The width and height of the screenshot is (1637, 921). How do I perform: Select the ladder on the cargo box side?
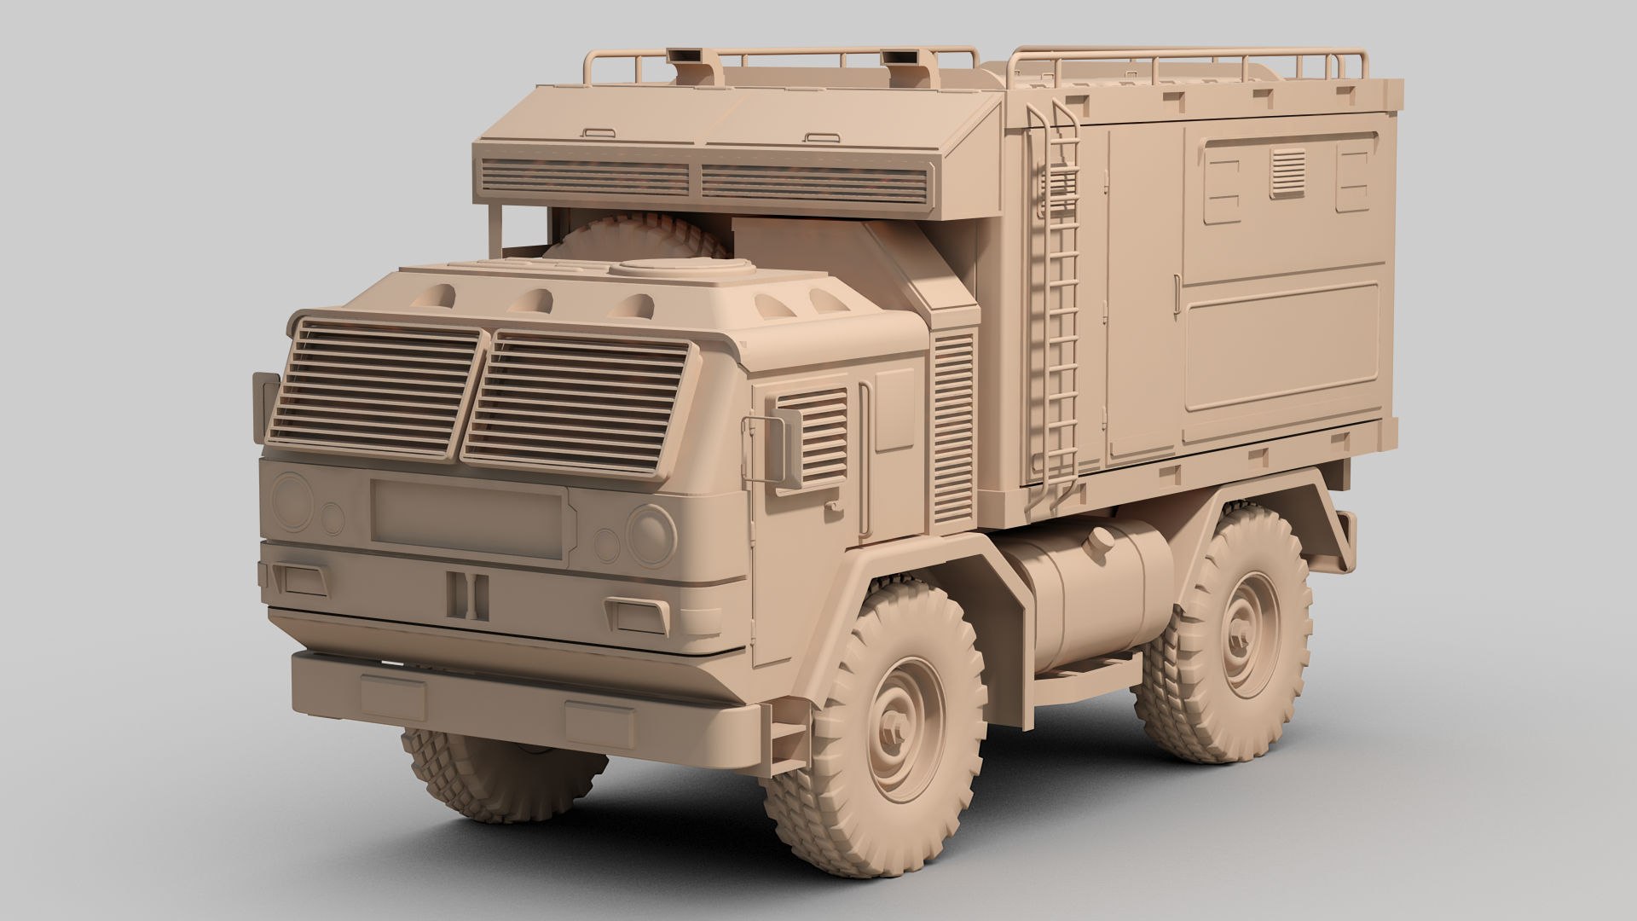pyautogui.click(x=1055, y=298)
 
